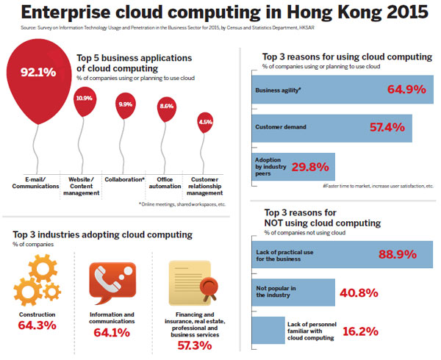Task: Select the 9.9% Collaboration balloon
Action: [x=126, y=104]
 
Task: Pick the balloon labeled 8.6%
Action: [x=167, y=107]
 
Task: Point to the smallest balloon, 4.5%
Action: [x=206, y=122]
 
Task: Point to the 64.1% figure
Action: [x=110, y=333]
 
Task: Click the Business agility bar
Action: [x=339, y=90]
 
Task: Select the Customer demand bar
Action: [x=331, y=127]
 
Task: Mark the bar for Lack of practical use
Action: [x=342, y=254]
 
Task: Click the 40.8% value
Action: [x=358, y=292]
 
